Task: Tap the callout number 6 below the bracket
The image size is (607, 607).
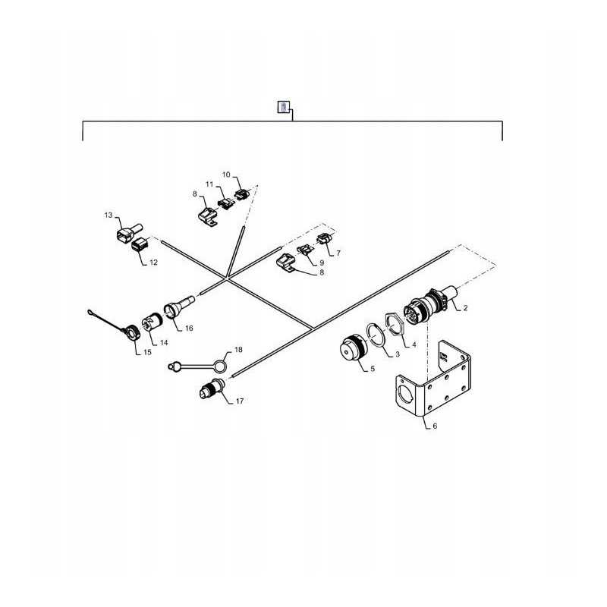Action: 435,426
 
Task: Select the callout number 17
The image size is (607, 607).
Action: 240,401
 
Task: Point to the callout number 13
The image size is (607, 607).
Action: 108,216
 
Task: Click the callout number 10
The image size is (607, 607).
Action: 226,175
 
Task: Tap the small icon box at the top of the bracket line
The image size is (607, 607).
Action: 282,107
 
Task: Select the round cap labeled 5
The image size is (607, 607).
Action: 351,350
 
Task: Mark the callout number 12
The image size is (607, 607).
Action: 153,263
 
